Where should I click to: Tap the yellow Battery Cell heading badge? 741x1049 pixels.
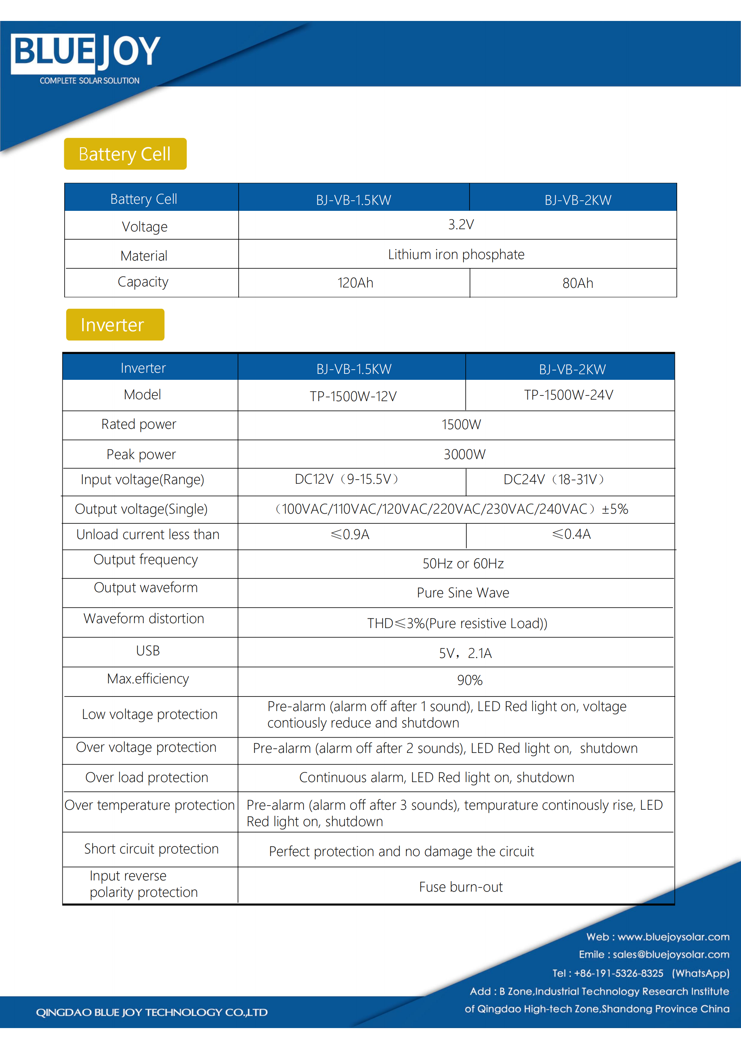pyautogui.click(x=125, y=154)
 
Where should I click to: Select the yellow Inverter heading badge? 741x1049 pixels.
pyautogui.click(x=115, y=325)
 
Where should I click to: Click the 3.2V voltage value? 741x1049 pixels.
pyautogui.click(x=461, y=225)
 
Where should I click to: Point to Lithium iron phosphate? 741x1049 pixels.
pyautogui.click(x=456, y=255)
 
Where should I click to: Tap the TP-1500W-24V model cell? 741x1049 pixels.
pyautogui.click(x=568, y=395)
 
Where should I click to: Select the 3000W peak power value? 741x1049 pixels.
pyautogui.click(x=464, y=455)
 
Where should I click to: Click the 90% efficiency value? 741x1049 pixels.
pyautogui.click(x=470, y=680)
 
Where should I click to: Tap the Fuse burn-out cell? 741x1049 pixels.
pyautogui.click(x=461, y=887)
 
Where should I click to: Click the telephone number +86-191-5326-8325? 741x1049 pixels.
pyautogui.click(x=618, y=973)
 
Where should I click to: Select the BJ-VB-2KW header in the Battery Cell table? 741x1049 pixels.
pyautogui.click(x=577, y=200)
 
